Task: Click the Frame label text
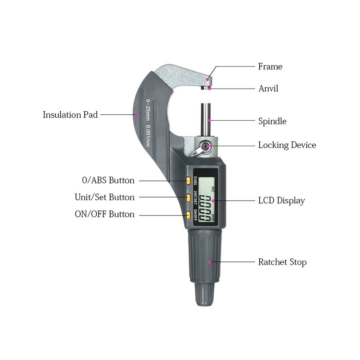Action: (270, 67)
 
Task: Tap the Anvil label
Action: (268, 88)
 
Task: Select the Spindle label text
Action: (272, 121)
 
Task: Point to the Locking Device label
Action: (287, 145)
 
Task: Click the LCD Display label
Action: (282, 200)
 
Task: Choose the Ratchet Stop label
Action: (283, 262)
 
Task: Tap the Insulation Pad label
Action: (70, 115)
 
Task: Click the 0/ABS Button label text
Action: (108, 180)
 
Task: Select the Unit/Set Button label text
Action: (105, 197)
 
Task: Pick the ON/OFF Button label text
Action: (105, 214)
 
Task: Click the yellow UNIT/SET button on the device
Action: (188, 198)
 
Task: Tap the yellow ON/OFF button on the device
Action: (188, 215)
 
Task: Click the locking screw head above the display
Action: (205, 146)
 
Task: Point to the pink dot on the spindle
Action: (209, 120)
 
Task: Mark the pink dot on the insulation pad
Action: (137, 115)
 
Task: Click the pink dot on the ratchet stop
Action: (209, 262)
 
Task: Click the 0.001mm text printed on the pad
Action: (148, 135)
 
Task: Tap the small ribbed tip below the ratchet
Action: (205, 294)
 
